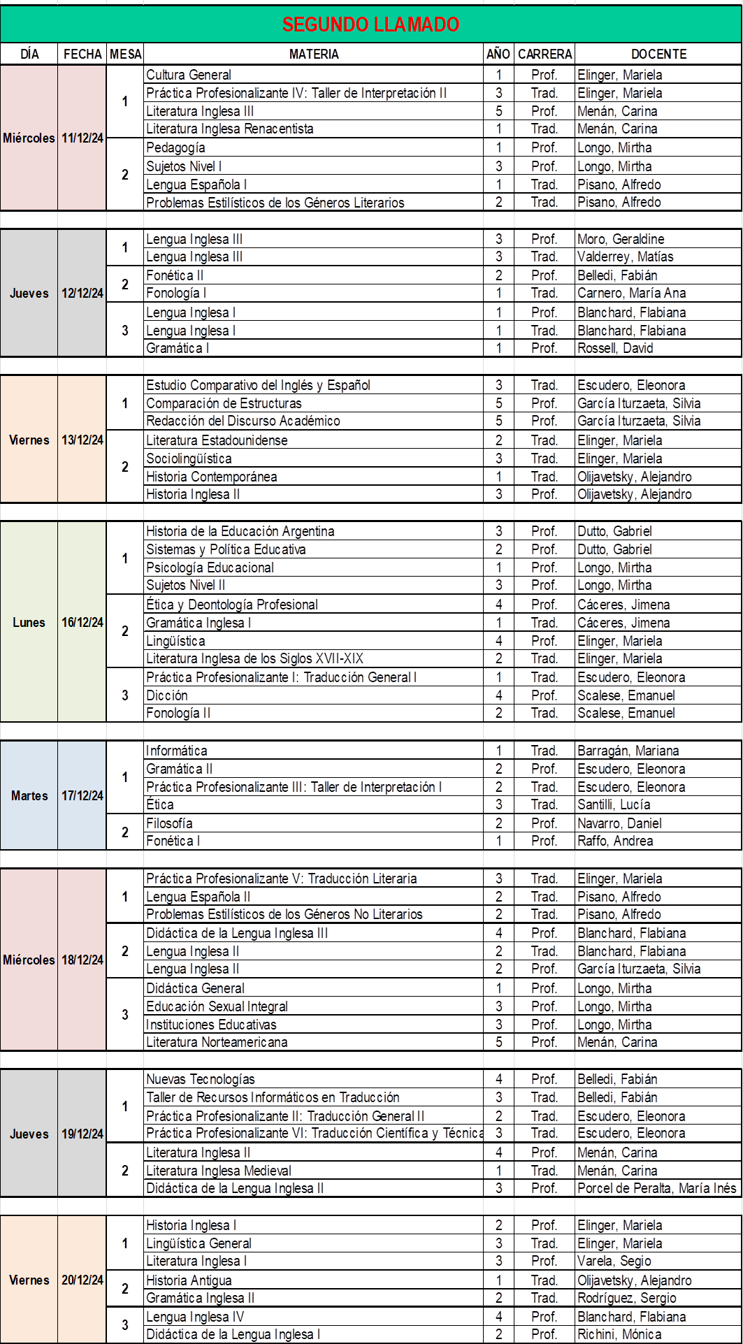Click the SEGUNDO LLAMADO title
click(x=370, y=24)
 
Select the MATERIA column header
click(x=314, y=54)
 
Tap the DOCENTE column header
click(x=658, y=54)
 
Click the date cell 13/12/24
click(x=82, y=440)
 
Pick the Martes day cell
click(x=29, y=795)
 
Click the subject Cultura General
click(x=189, y=75)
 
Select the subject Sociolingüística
click(x=189, y=458)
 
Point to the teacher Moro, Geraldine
click(x=621, y=239)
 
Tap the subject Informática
click(x=177, y=751)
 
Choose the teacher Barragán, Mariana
click(x=628, y=751)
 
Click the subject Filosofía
click(x=169, y=823)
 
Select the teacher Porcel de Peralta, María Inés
click(x=656, y=1188)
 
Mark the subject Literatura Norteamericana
click(x=217, y=1042)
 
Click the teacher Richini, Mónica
click(x=619, y=1334)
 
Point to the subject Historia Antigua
click(x=189, y=1280)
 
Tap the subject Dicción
click(x=167, y=695)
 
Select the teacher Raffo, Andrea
click(x=615, y=841)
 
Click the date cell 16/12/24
click(x=82, y=622)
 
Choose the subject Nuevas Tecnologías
click(x=201, y=1079)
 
